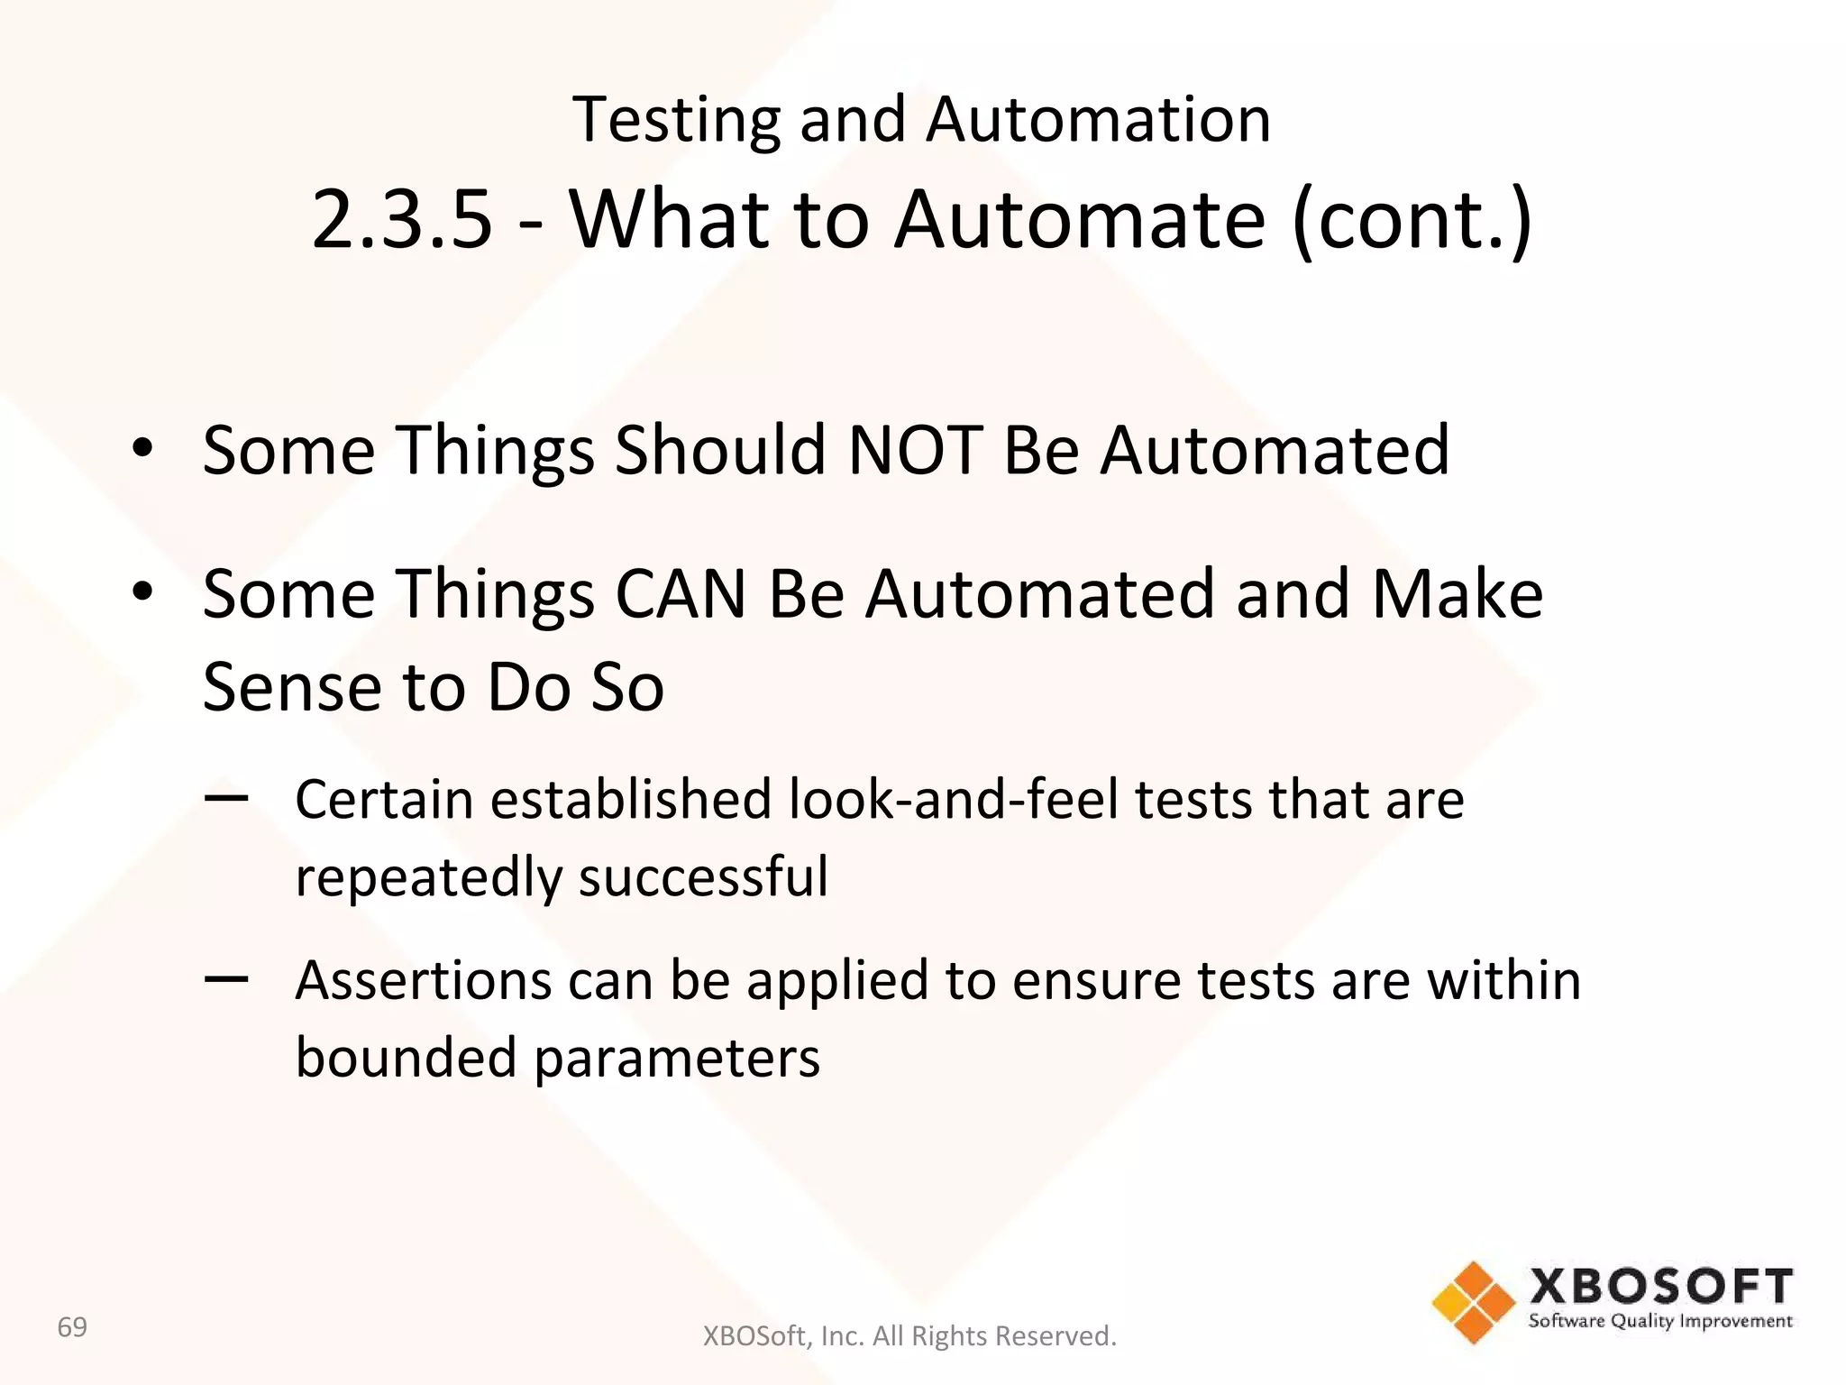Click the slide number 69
coord(72,1327)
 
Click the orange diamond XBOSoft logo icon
coord(1474,1302)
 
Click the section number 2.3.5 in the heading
coord(402,219)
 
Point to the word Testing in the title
coord(676,119)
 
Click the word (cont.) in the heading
coord(1412,219)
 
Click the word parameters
coord(677,1058)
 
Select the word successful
coord(703,876)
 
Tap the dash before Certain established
coord(226,797)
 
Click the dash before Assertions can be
coord(226,978)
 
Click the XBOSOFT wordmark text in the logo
coord(1660,1286)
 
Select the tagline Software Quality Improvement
coord(1660,1322)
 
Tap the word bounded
coord(406,1058)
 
